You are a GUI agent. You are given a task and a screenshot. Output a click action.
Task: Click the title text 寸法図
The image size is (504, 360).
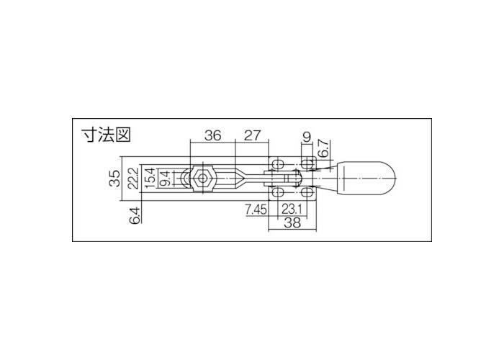[100, 135]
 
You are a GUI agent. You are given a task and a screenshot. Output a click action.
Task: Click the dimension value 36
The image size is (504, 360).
[212, 135]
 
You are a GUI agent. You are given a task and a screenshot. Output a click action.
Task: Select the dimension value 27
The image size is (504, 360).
[251, 135]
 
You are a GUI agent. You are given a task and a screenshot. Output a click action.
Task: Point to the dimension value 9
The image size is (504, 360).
[307, 135]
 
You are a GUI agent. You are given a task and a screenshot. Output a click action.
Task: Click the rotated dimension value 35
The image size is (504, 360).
[114, 179]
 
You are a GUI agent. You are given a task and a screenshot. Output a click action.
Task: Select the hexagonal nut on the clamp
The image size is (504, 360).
[204, 178]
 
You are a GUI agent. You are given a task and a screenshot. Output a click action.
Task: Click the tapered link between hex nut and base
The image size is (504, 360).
[234, 178]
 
